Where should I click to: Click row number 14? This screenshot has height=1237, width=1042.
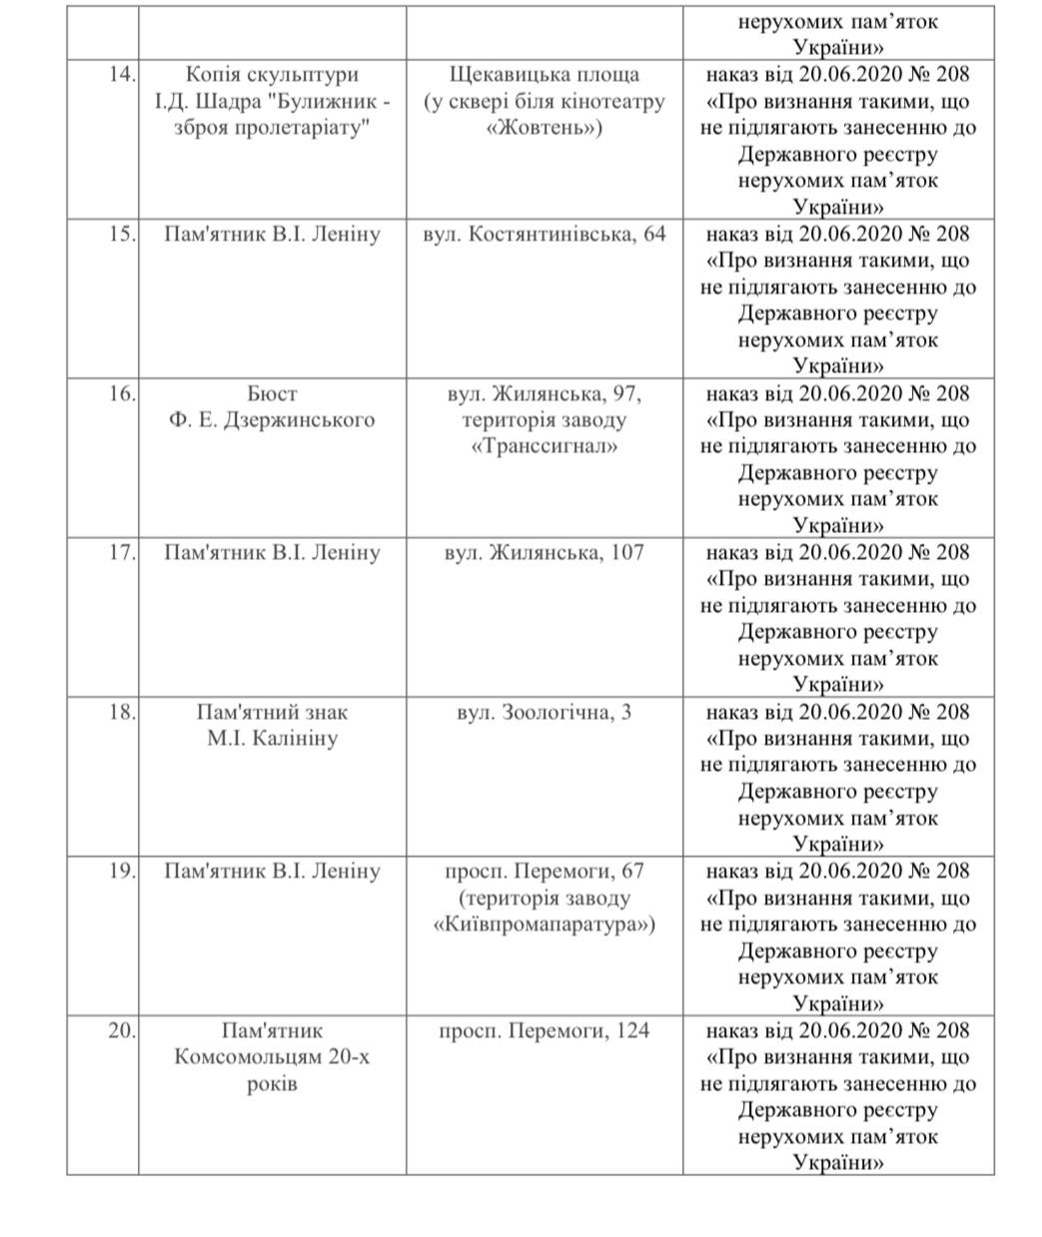click(x=121, y=75)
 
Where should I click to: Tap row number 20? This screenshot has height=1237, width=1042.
click(x=121, y=1030)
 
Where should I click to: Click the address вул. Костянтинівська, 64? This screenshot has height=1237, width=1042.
click(x=543, y=235)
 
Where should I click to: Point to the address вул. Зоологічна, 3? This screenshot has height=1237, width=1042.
click(x=543, y=713)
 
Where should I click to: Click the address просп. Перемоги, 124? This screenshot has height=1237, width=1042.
click(x=543, y=1030)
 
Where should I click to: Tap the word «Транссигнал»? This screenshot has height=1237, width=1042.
click(x=543, y=446)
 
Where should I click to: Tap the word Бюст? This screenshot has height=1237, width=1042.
click(x=272, y=393)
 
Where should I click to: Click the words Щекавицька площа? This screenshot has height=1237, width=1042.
click(x=543, y=75)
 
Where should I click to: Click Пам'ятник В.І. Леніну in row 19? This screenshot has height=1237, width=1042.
click(x=272, y=872)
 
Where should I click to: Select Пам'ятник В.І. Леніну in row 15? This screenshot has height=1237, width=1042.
click(x=272, y=235)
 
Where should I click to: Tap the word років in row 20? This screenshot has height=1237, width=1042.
click(x=272, y=1083)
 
